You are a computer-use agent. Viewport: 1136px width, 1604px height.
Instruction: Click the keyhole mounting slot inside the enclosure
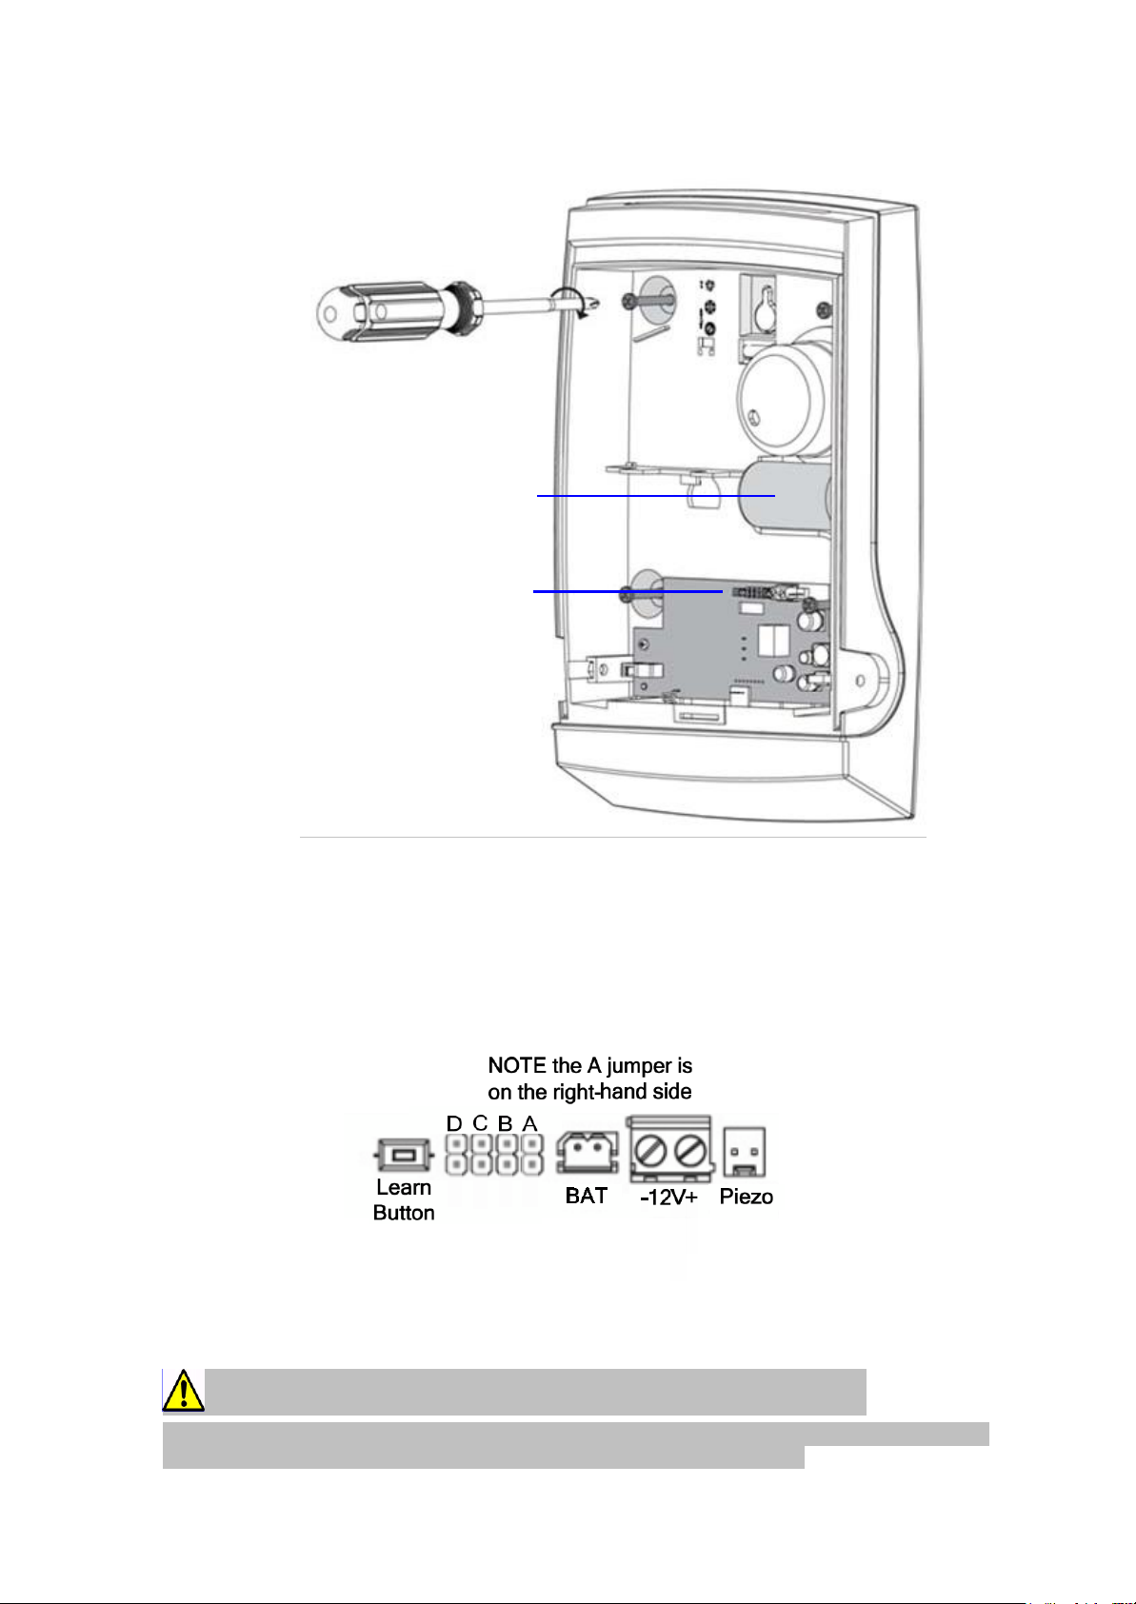[765, 307]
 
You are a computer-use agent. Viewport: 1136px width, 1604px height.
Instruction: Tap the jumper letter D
[454, 1123]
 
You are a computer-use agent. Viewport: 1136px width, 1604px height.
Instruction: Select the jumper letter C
[480, 1123]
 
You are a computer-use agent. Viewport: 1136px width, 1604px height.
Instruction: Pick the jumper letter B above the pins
[505, 1123]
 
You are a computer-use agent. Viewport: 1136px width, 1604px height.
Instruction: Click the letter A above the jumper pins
[529, 1123]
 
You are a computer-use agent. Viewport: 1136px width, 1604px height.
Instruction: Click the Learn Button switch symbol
[404, 1155]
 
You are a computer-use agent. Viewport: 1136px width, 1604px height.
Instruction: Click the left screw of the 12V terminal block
[651, 1152]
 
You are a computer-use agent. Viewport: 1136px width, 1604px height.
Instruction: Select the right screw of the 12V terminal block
[690, 1152]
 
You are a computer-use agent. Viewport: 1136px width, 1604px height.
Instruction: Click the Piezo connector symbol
[745, 1152]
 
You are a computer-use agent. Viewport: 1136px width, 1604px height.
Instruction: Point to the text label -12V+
[669, 1198]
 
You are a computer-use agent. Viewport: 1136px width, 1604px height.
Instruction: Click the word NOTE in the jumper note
[517, 1065]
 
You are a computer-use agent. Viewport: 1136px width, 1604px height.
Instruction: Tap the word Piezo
[747, 1197]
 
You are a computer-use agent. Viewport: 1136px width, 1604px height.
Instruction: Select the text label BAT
[587, 1196]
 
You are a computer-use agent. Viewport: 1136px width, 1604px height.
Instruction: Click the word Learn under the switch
[404, 1187]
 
